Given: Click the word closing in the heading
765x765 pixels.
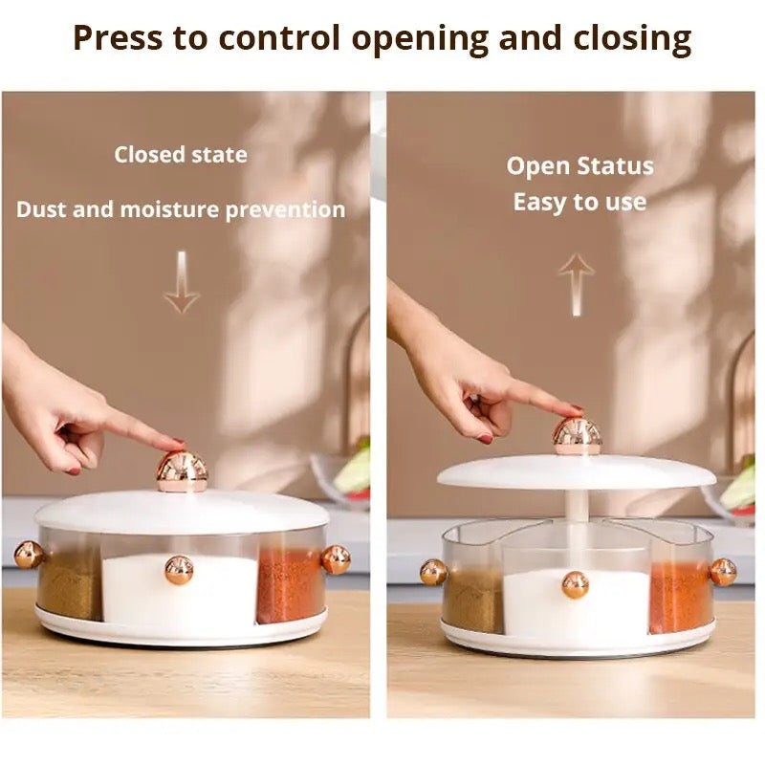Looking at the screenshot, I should point(633,39).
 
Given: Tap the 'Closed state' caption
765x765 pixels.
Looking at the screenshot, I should point(181,155).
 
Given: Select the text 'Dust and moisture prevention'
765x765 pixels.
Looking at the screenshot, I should point(181,209).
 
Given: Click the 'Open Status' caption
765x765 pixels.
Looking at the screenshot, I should point(579,165).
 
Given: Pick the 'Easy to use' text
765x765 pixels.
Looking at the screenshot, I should point(579,203).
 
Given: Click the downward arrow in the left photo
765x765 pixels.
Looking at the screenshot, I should point(181,283).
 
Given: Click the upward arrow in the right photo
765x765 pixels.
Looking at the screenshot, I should point(577,284).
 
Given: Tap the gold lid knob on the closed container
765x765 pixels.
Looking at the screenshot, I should point(182,470).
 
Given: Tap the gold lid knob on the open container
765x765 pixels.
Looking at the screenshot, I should point(578,435).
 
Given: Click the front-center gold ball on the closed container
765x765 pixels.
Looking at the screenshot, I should point(179,569).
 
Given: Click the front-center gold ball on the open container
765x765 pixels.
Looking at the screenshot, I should point(575,584).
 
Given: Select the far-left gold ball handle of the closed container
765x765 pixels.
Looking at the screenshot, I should point(28,555).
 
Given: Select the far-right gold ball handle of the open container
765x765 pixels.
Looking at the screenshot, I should point(722,572).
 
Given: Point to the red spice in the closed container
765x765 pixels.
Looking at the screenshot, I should point(289,585).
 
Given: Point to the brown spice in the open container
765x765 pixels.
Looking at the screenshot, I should point(471,600).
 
